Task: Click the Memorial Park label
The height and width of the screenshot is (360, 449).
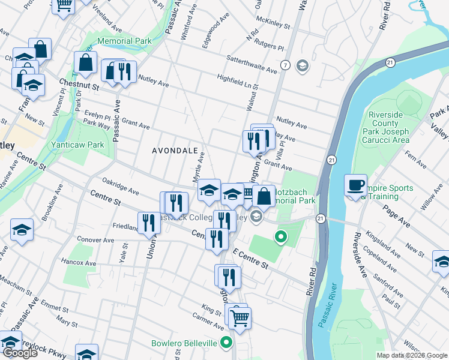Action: pyautogui.click(x=125, y=41)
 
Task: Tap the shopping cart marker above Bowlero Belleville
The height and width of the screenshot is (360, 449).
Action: pyautogui.click(x=240, y=317)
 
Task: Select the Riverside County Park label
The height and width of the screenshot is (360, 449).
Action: pyautogui.click(x=389, y=127)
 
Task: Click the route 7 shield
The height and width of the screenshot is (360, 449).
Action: pyautogui.click(x=285, y=65)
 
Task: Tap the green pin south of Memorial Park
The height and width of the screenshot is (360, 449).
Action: pyautogui.click(x=280, y=236)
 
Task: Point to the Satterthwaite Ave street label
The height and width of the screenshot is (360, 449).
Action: pyautogui.click(x=252, y=64)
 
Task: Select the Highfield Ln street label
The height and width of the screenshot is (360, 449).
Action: pyautogui.click(x=234, y=78)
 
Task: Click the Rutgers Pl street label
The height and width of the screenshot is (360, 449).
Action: pyautogui.click(x=270, y=44)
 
